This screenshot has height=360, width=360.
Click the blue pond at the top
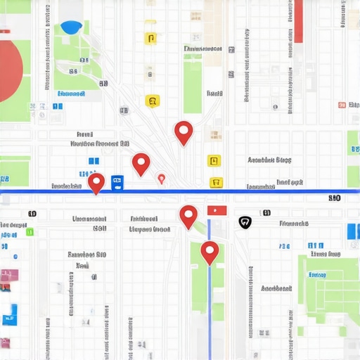(x=71, y=27)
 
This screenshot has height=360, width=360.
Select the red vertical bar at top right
(x=298, y=22)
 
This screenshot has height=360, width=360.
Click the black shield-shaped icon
(x=245, y=222)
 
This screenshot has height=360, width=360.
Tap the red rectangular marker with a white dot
(x=217, y=210)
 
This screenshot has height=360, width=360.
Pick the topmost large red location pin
(x=184, y=131)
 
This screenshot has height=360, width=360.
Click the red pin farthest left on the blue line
(x=96, y=183)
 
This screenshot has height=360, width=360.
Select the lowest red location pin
(x=210, y=251)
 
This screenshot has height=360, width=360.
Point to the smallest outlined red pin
(x=162, y=179)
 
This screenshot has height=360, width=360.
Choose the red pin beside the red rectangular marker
(x=188, y=216)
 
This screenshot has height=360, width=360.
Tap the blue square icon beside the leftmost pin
(x=117, y=182)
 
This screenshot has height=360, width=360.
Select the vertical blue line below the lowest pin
(x=210, y=309)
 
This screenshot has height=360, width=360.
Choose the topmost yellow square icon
(x=150, y=38)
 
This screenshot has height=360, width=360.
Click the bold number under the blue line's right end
(x=335, y=198)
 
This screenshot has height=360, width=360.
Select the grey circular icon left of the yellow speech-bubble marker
(x=124, y=110)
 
